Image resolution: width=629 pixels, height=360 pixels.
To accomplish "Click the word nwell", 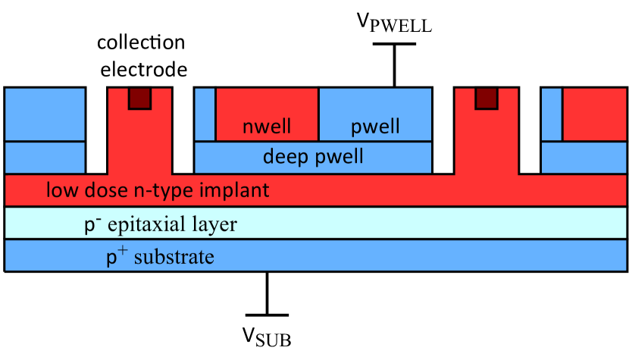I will point(267,127).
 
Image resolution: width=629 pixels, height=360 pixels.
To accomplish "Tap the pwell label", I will point(375,127).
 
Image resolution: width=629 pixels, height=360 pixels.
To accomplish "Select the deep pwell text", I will point(313,157).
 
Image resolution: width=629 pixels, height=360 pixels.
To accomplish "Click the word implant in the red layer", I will point(236,189).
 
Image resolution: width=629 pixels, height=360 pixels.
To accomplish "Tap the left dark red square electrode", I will point(139,98).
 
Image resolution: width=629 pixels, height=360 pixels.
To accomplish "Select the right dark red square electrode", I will point(486,98).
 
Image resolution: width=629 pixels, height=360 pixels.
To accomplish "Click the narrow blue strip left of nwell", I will point(205,114).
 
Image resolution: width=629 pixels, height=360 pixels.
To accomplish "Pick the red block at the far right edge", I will point(594,114).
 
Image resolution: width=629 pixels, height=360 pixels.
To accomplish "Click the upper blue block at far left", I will point(45,114).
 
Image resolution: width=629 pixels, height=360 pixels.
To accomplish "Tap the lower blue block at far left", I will point(45,158).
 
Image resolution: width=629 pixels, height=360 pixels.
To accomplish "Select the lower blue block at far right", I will point(584,158).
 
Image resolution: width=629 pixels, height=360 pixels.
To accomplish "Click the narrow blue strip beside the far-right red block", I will point(552,114).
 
